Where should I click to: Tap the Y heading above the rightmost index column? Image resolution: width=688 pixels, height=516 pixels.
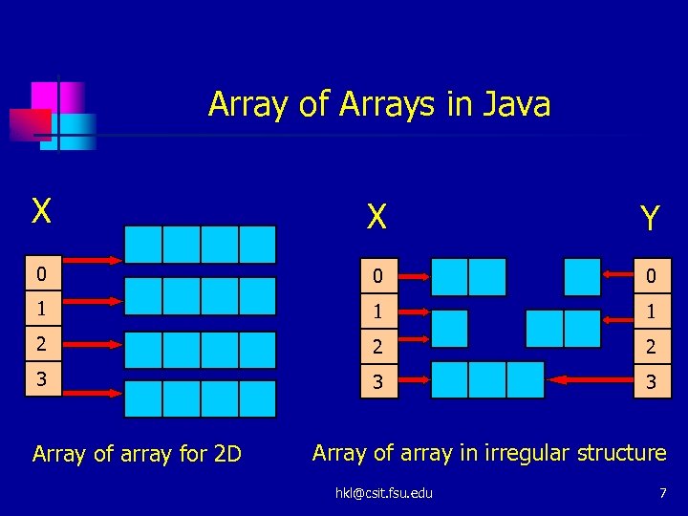click(650, 219)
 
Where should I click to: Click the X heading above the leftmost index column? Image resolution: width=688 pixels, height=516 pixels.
click(41, 211)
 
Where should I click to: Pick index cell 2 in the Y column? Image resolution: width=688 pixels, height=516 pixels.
click(651, 346)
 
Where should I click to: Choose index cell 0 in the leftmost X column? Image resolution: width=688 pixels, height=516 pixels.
click(39, 275)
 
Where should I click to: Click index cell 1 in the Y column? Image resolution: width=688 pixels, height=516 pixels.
click(651, 312)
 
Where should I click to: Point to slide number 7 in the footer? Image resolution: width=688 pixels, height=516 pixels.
click(662, 492)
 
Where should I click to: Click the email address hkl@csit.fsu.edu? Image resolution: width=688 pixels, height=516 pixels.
click(383, 493)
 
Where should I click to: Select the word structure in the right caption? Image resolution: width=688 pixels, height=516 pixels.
click(623, 452)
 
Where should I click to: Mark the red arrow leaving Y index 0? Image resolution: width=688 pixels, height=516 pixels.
click(618, 277)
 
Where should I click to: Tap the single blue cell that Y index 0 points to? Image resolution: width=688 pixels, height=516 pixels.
click(582, 277)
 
